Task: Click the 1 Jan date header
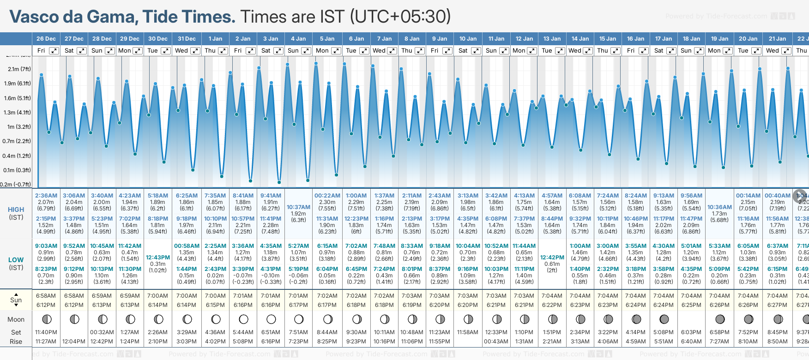(x=215, y=39)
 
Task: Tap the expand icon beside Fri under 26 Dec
(x=54, y=51)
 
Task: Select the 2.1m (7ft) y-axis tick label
(x=19, y=69)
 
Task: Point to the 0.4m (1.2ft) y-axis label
(x=17, y=156)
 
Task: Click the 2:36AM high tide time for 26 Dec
(x=46, y=196)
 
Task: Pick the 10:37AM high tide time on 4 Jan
(x=299, y=207)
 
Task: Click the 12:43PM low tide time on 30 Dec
(x=158, y=258)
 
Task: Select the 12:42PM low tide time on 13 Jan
(x=552, y=258)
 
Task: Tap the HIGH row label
(x=16, y=210)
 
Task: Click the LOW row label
(x=16, y=260)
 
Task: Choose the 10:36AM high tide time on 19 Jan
(x=719, y=207)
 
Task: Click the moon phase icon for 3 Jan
(x=271, y=319)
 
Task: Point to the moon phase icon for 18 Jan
(x=692, y=319)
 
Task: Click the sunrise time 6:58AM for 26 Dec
(x=46, y=296)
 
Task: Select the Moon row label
(x=16, y=319)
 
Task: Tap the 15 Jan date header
(x=608, y=39)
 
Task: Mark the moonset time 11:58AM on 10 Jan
(x=468, y=332)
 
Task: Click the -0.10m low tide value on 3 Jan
(x=271, y=276)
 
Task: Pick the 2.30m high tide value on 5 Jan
(x=327, y=202)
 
